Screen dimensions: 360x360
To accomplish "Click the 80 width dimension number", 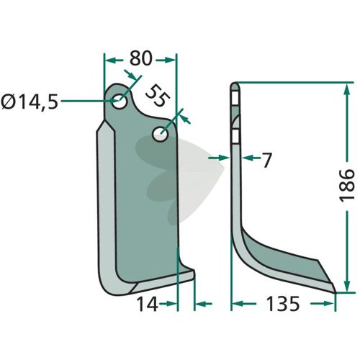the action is pyautogui.click(x=141, y=58).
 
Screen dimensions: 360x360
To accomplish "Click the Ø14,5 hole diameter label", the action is pyautogui.click(x=30, y=102).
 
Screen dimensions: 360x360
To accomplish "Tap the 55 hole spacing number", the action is pyautogui.click(x=157, y=95).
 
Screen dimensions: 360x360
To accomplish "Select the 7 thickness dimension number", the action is pyautogui.click(x=266, y=161).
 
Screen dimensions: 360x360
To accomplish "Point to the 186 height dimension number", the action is pyautogui.click(x=346, y=184).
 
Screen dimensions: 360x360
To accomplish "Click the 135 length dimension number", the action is pyautogui.click(x=283, y=304).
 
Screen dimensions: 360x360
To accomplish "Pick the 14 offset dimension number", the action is pyautogui.click(x=147, y=304).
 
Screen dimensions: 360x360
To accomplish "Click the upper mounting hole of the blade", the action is pyautogui.click(x=120, y=102).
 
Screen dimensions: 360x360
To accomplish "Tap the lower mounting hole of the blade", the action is pyautogui.click(x=160, y=134).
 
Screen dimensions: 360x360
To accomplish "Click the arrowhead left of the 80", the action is pyautogui.click(x=110, y=60).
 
